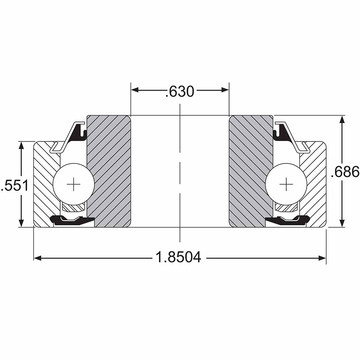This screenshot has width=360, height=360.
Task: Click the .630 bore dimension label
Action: [x=180, y=91]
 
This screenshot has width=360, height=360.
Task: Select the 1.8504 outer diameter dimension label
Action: [x=178, y=257]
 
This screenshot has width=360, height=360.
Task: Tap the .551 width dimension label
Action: [x=15, y=185]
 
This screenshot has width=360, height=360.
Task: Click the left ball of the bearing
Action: [x=73, y=184]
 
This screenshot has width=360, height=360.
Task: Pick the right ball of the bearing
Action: [x=286, y=184]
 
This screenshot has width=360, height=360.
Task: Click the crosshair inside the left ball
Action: [x=73, y=184]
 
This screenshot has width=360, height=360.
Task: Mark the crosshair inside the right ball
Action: [x=286, y=184]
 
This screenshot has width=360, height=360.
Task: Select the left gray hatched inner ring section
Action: [x=109, y=171]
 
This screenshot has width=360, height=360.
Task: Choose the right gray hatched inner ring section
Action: [x=251, y=171]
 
